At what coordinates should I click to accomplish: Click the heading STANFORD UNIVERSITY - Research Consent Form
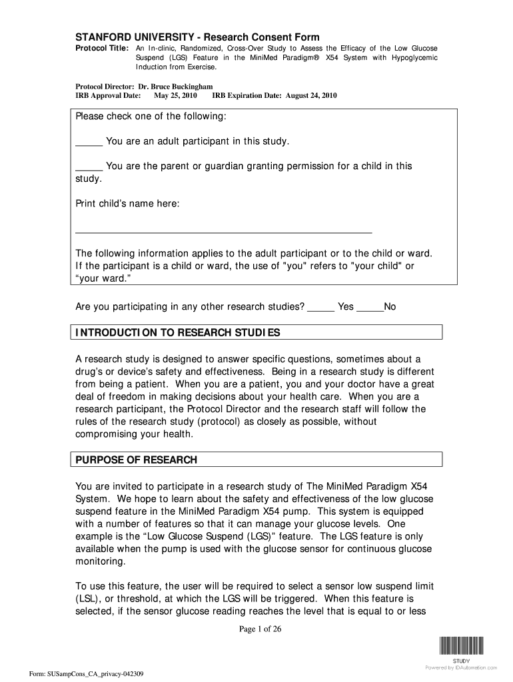pos(187,37)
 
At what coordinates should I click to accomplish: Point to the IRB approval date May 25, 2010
pos(175,95)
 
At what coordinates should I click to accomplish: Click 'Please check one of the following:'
pos(151,117)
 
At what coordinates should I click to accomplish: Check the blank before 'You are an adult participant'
pos(89,143)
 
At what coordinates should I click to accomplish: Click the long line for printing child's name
pos(223,232)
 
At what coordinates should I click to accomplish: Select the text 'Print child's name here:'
pos(127,204)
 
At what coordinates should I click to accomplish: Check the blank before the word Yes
pos(321,308)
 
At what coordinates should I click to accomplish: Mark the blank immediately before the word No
pos(370,308)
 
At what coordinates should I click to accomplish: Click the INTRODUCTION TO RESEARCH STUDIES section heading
pos(178,332)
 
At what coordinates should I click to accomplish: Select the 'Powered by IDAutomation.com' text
pos(461,667)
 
